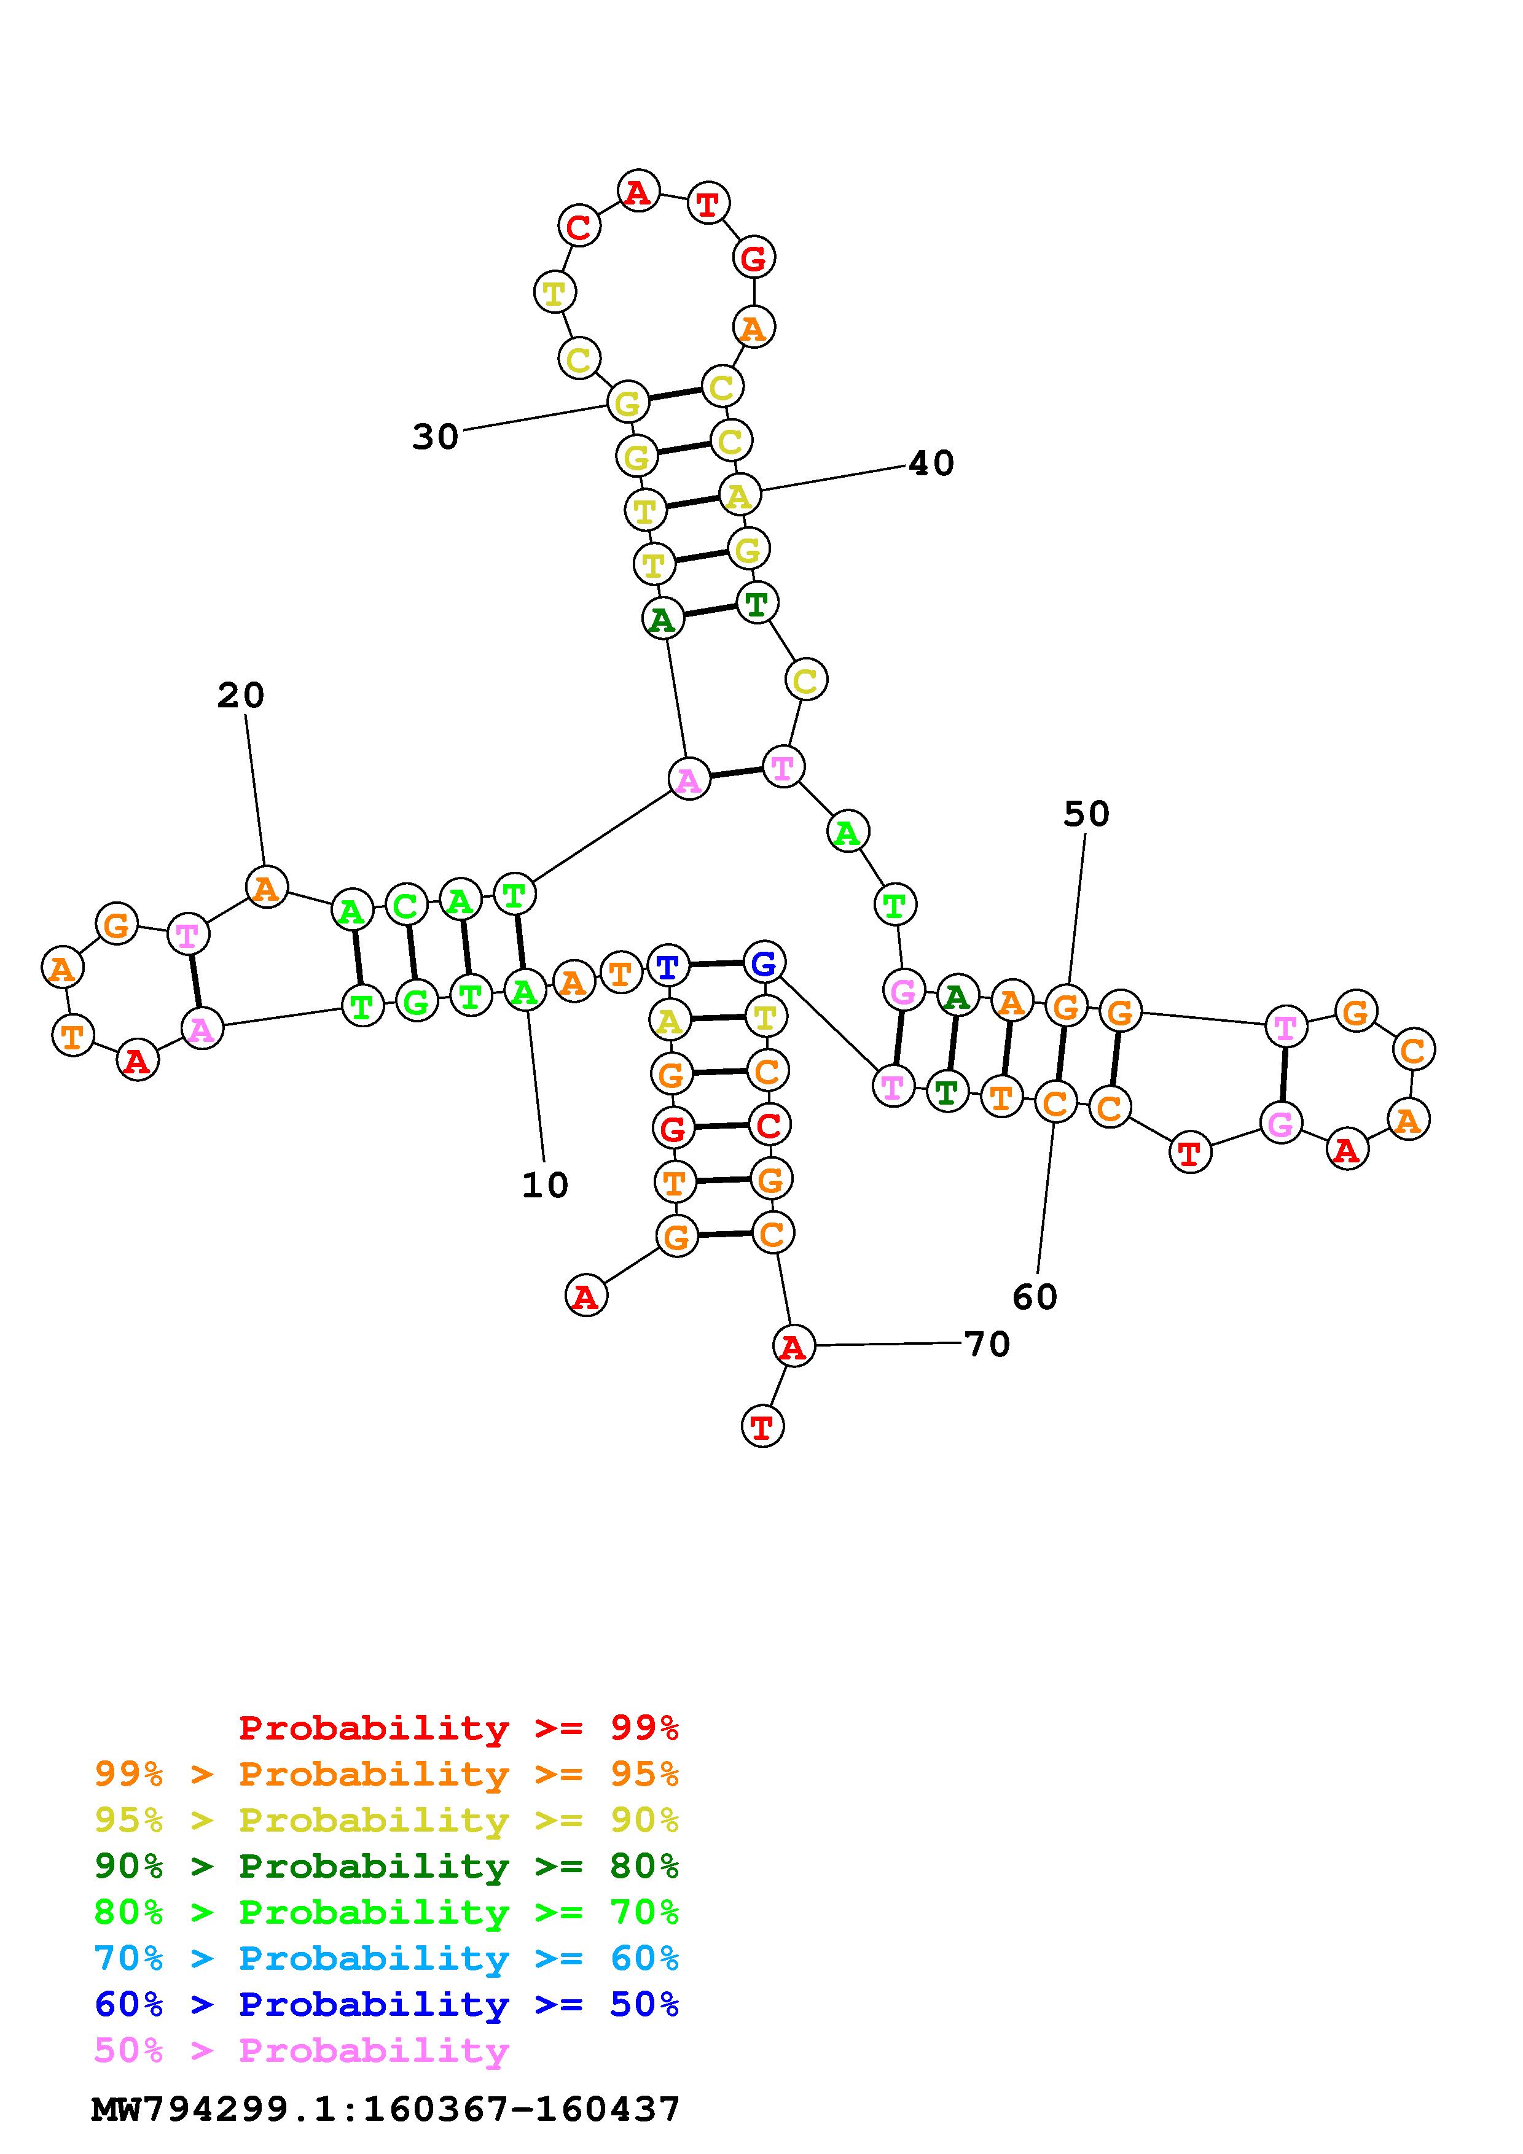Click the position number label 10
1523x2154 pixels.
[x=545, y=1185]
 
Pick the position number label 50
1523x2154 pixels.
[x=1086, y=814]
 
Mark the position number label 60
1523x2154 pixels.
[x=1035, y=1297]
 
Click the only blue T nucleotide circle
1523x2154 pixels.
[x=667, y=965]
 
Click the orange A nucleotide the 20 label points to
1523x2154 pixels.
[x=267, y=887]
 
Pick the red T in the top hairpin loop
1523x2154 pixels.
[x=708, y=203]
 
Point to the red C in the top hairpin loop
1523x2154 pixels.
[x=579, y=226]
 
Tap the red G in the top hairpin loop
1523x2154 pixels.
[x=754, y=258]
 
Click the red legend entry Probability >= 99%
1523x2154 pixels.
[x=458, y=1727]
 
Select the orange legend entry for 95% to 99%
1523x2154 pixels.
[x=386, y=1774]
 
